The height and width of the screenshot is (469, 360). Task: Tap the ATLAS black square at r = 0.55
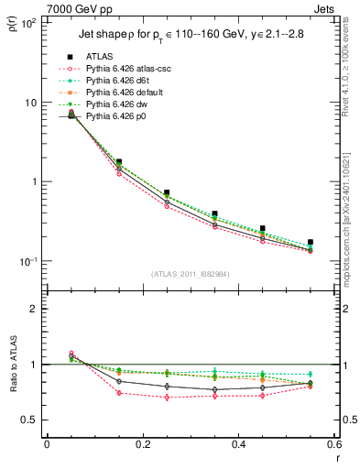(311, 242)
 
